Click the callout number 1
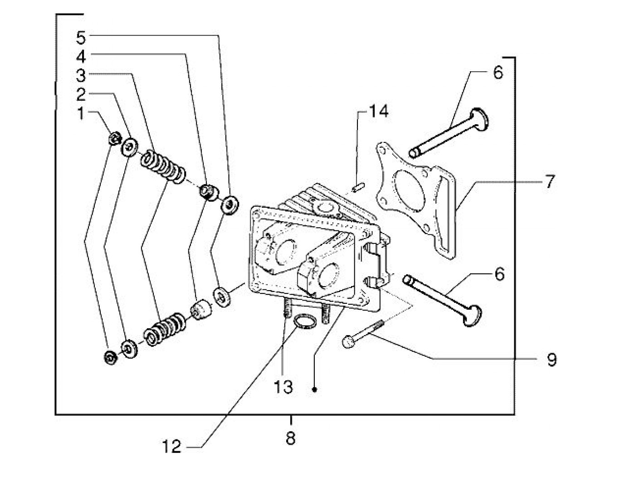coord(81,113)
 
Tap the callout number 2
coord(81,94)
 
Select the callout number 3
coord(81,75)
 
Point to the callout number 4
coord(81,57)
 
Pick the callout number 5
coord(81,38)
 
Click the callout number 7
coord(549,182)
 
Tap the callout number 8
coord(291,438)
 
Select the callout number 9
coord(551,359)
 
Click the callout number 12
coord(172,447)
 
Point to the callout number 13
coord(283,387)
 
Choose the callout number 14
coord(378,111)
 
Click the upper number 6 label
coord(498,73)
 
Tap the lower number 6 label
coord(499,274)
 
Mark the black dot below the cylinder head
coord(314,389)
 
